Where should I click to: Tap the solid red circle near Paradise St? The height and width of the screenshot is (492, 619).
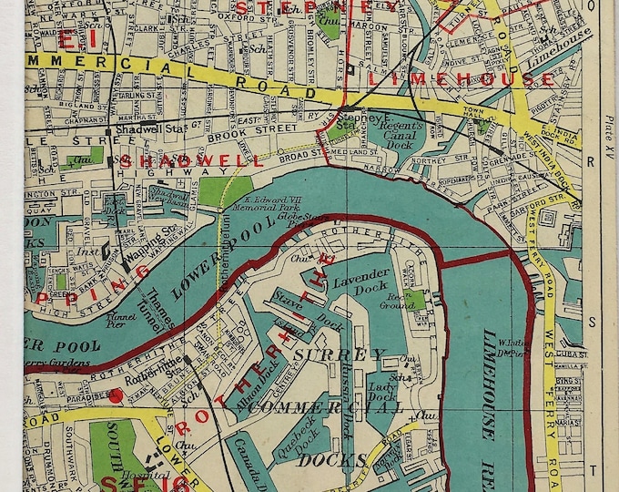pyautogui.click(x=116, y=395)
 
